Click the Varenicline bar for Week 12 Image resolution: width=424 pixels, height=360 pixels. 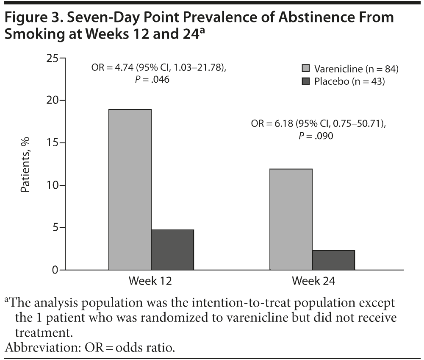tap(130, 190)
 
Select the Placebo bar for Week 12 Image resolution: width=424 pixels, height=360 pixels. tap(172, 250)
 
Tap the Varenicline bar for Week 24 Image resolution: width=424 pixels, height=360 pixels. tap(291, 219)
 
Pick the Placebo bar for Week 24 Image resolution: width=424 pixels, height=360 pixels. tap(333, 260)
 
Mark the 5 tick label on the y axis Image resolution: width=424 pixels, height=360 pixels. tap(56, 228)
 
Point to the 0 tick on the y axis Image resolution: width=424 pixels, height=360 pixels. tap(56, 270)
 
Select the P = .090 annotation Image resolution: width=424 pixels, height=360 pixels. tap(317, 136)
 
